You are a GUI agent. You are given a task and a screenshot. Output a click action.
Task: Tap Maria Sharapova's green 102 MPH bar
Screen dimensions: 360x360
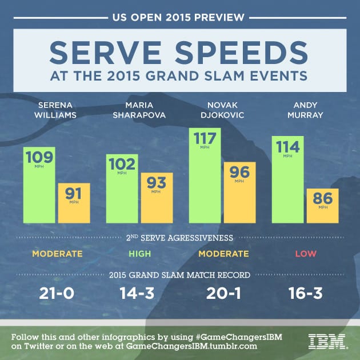coord(122,189)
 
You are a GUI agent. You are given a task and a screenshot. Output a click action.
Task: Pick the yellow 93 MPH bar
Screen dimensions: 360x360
coord(156,197)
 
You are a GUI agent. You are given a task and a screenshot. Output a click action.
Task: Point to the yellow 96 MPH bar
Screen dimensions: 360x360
coord(239,192)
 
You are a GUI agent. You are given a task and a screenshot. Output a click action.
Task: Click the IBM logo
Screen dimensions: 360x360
coord(327,341)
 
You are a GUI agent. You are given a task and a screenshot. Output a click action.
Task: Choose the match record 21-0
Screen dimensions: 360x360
coord(57,294)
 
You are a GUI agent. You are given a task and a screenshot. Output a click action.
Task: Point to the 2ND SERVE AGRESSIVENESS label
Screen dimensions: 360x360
coord(179,236)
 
